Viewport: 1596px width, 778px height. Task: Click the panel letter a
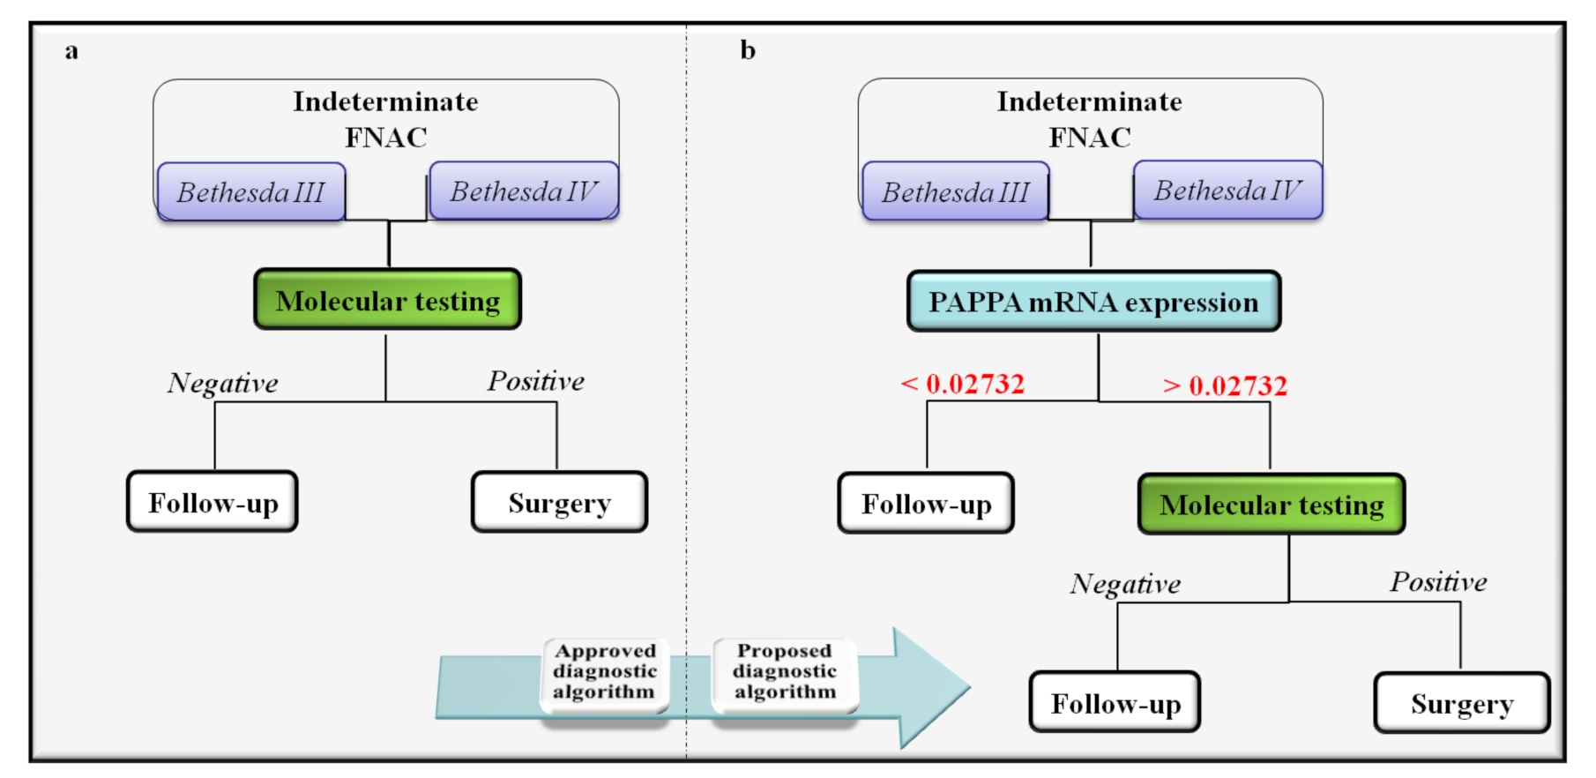(x=71, y=51)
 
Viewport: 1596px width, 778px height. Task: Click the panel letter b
(x=748, y=50)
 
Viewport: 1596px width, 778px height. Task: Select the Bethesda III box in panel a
(x=251, y=191)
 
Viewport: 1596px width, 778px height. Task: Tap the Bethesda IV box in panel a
(x=524, y=191)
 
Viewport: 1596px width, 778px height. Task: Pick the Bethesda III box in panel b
(x=956, y=191)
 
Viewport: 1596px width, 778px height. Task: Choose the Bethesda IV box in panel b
(x=1227, y=190)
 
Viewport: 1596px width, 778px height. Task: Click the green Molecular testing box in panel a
(x=388, y=300)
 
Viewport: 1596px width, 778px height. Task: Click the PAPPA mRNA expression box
(x=1093, y=302)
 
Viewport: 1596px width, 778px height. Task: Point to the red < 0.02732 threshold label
(x=963, y=384)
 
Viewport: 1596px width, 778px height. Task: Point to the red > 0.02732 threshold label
(x=1226, y=385)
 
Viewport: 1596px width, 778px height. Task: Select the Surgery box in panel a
(x=559, y=502)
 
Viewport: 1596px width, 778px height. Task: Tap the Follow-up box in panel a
(x=213, y=502)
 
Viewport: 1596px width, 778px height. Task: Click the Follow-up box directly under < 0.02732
(x=926, y=503)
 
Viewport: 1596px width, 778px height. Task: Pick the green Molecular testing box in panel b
(x=1272, y=504)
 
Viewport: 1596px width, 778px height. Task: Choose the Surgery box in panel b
(x=1461, y=703)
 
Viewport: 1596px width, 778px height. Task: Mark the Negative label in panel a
(x=223, y=383)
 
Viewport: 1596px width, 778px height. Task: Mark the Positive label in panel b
(x=1438, y=582)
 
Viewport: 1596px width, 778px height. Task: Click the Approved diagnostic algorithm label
(x=605, y=671)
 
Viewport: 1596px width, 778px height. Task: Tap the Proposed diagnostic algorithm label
(x=785, y=671)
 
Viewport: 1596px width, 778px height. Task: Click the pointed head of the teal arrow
(x=935, y=688)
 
